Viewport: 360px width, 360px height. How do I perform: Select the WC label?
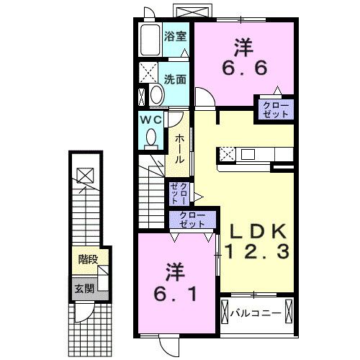coord(151,119)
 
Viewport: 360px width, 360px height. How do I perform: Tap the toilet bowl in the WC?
coord(151,137)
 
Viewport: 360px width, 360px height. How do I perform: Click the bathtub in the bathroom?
coord(150,42)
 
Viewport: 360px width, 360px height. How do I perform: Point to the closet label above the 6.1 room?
coord(191,220)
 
